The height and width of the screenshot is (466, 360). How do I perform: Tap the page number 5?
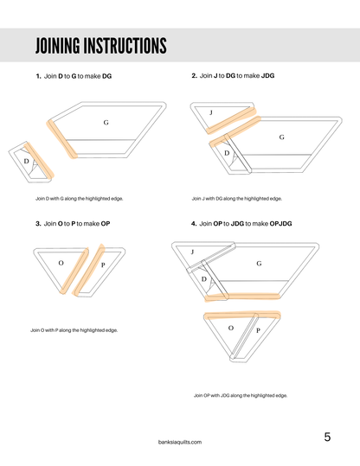[327, 437]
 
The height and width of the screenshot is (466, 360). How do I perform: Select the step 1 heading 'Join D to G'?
[74, 76]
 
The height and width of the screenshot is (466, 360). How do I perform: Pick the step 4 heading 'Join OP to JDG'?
[241, 224]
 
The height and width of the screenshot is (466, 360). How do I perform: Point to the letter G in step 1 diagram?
[106, 123]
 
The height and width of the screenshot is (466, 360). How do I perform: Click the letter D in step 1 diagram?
[26, 161]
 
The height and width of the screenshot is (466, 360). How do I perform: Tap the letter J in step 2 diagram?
[211, 112]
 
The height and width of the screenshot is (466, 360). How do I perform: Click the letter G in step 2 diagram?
[282, 137]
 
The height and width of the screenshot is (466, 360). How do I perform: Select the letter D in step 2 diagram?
[227, 152]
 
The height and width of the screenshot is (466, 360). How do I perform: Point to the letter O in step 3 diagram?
[61, 261]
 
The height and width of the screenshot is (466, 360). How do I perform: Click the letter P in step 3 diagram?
[103, 265]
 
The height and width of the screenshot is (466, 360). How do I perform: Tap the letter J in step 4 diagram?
[191, 252]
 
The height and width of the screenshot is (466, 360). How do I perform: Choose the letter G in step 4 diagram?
[259, 263]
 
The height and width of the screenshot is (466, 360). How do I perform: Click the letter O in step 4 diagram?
[230, 329]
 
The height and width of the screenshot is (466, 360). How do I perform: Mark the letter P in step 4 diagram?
[258, 329]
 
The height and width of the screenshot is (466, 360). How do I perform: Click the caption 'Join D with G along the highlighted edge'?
[76, 199]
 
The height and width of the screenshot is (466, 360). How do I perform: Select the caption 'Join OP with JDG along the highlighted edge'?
[241, 395]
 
